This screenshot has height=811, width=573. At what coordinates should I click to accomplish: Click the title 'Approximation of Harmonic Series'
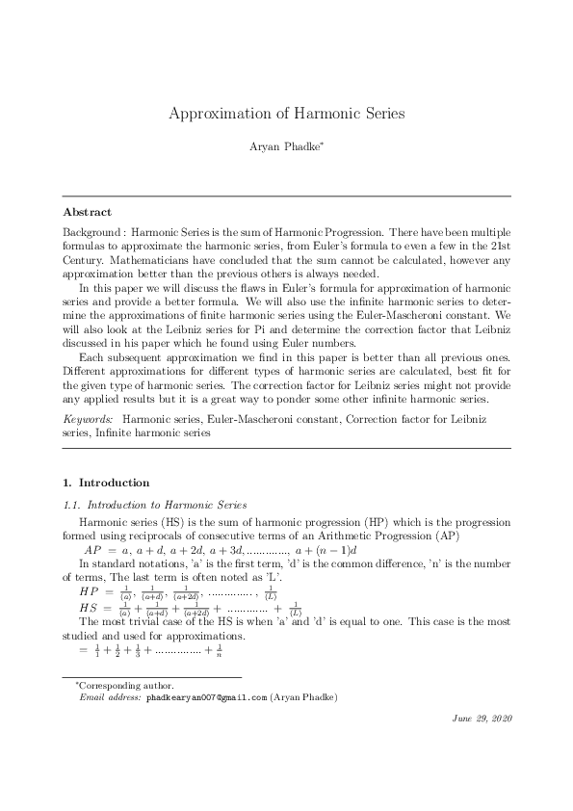click(286, 113)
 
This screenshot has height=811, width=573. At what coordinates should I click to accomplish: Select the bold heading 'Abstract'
click(87, 212)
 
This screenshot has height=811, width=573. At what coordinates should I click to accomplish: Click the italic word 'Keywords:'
click(88, 421)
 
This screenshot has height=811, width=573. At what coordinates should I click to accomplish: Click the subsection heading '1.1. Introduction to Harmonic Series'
click(154, 504)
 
